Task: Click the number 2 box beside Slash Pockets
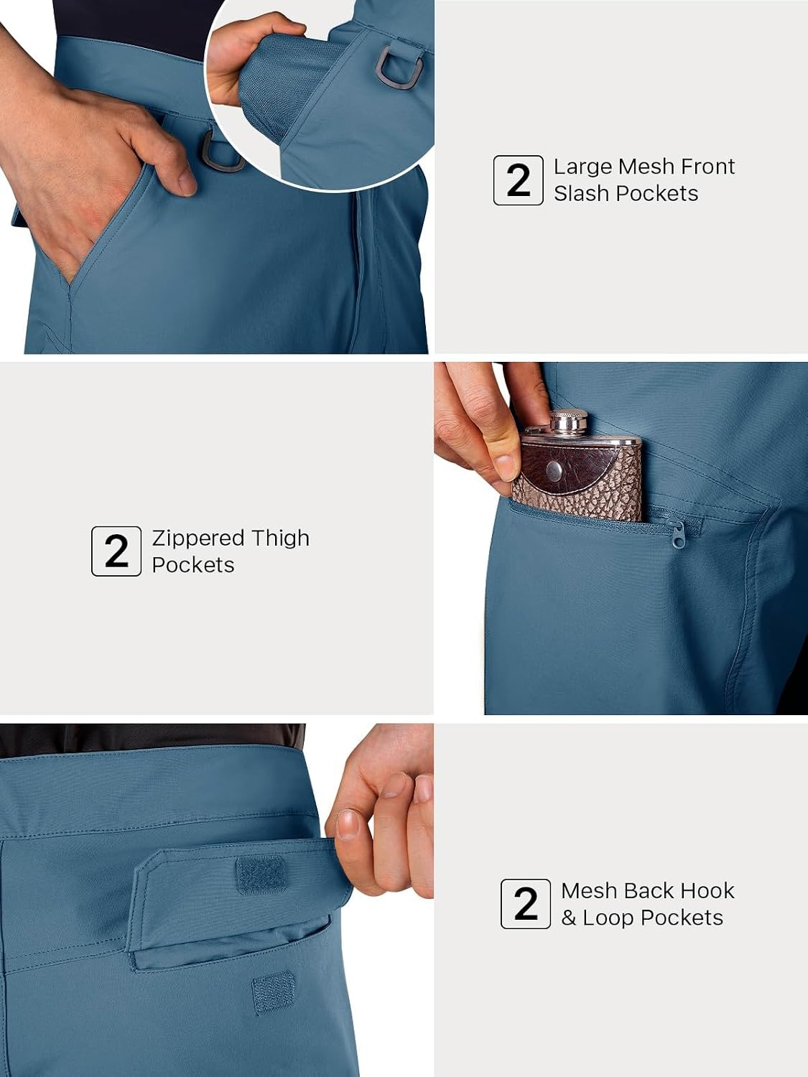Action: (518, 180)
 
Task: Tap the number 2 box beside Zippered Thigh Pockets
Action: (116, 551)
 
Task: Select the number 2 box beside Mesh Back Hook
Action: (526, 904)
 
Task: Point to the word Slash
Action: (581, 193)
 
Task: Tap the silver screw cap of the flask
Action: (569, 421)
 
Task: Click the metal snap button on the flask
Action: (555, 470)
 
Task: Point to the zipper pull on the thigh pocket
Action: (677, 536)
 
